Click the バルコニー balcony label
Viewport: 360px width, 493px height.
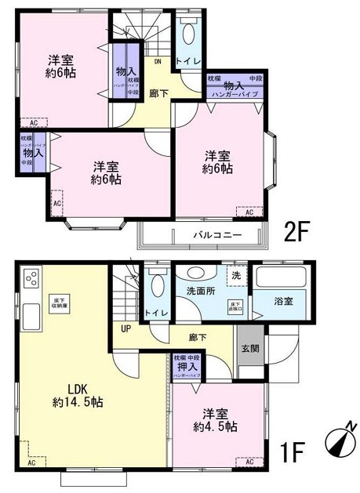[217, 234]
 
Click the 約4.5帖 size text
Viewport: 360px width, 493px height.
[216, 427]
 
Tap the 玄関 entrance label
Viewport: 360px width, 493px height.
[249, 349]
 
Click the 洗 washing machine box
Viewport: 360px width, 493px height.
[235, 275]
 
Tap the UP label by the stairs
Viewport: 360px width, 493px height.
[125, 330]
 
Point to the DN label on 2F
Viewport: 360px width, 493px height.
[157, 60]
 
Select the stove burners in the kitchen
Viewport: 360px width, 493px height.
[32, 278]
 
